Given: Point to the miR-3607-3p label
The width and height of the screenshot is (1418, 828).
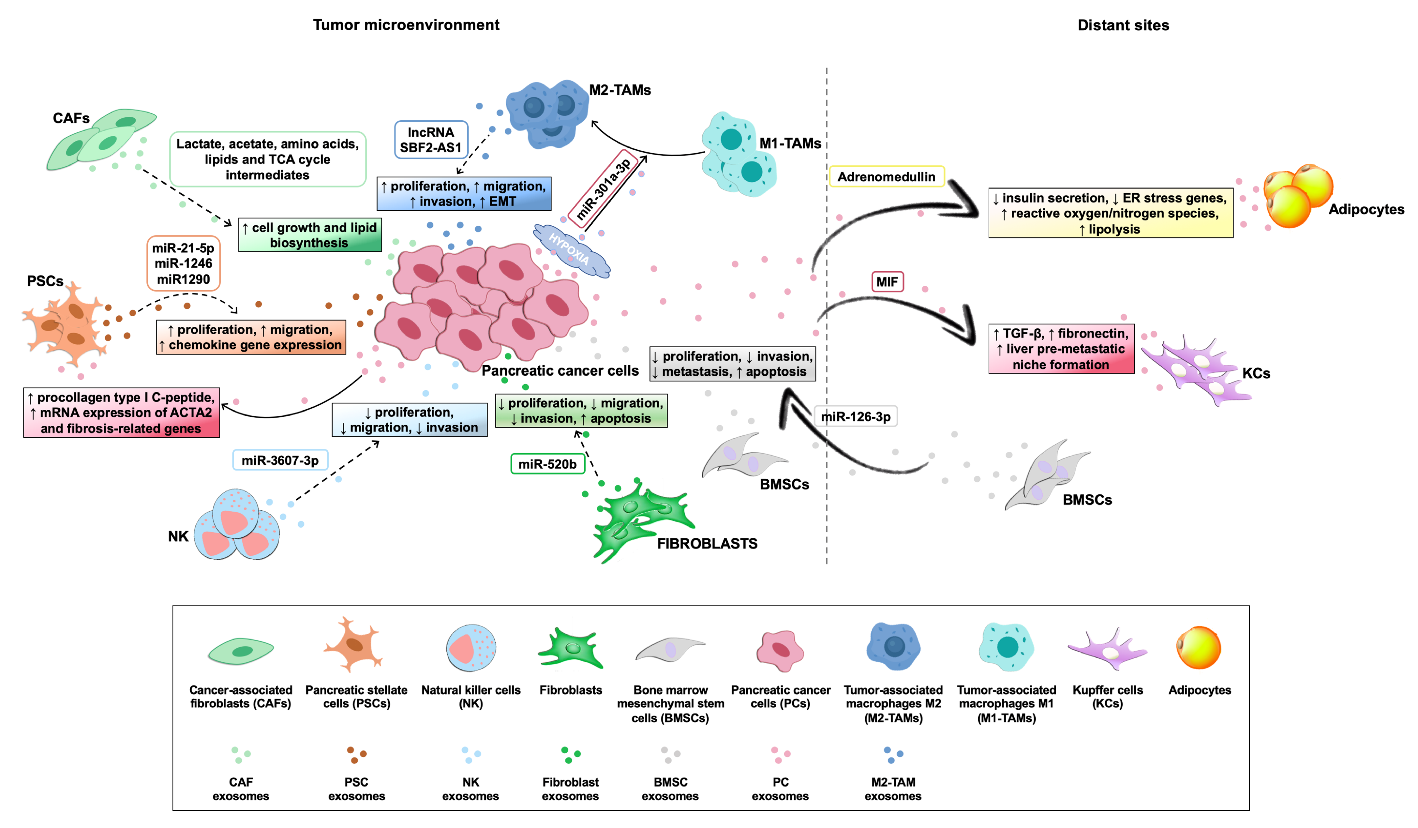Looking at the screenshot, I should [x=280, y=460].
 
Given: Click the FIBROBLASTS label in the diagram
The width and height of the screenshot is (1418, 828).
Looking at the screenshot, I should [x=707, y=544].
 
